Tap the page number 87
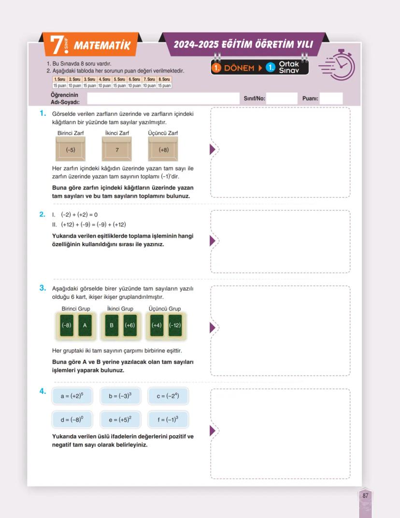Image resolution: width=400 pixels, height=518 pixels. (365, 495)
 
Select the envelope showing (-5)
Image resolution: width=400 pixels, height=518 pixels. (71, 149)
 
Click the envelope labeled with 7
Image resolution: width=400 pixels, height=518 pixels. (117, 149)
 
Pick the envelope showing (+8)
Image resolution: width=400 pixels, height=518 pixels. (163, 149)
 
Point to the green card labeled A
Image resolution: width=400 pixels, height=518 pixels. (85, 325)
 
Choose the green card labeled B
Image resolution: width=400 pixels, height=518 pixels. (112, 325)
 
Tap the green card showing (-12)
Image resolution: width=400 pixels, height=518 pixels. (175, 325)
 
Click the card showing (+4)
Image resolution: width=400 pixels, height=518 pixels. (157, 325)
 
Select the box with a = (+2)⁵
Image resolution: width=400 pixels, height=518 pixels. (72, 396)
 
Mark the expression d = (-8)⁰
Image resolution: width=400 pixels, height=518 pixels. (72, 420)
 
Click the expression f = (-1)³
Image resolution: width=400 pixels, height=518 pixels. (168, 420)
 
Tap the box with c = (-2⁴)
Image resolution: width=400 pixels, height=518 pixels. (168, 396)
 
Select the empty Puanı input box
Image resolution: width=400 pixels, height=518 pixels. (331, 98)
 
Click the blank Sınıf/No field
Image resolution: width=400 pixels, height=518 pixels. (281, 98)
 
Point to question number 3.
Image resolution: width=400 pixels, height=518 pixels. (43, 288)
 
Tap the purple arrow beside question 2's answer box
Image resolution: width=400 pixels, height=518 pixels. (212, 241)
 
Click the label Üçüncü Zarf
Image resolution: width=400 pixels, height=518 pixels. (163, 133)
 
